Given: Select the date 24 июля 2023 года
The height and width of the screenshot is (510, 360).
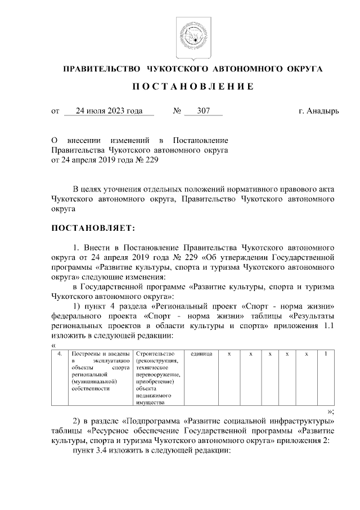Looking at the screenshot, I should [109, 111].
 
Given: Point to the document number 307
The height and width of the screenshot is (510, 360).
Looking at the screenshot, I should [204, 111].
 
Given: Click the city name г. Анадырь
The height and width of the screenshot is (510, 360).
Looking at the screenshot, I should [318, 111].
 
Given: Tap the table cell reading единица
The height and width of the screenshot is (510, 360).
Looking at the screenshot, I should [201, 354].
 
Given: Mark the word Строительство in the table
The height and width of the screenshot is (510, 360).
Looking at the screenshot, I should [155, 354].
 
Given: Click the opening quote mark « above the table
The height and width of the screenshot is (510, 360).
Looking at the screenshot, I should [53, 345].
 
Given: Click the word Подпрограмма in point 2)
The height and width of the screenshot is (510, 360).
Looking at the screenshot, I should [155, 420].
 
